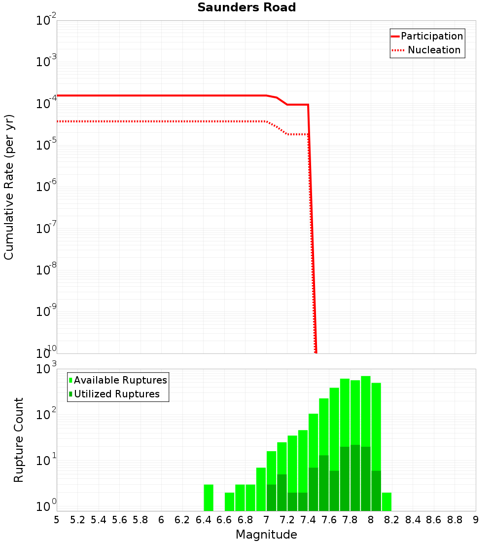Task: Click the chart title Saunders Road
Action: [x=246, y=8]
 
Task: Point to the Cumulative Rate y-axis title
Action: [x=9, y=187]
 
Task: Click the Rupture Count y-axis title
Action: [x=19, y=440]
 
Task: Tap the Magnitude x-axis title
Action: [x=266, y=535]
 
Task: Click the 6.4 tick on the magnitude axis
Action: [x=203, y=520]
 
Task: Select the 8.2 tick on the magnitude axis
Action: [x=392, y=520]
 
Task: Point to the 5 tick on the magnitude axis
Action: [x=57, y=520]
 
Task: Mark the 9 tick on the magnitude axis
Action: [x=476, y=520]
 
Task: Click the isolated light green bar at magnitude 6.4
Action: [x=209, y=498]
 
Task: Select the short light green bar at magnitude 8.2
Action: [x=387, y=502]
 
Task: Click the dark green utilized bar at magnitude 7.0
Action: [x=271, y=498]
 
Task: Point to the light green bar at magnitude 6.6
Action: [x=229, y=502]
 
